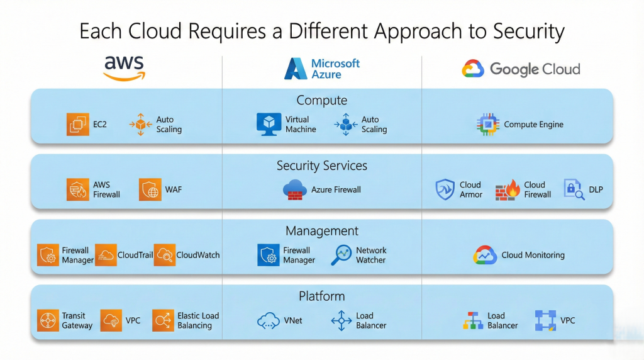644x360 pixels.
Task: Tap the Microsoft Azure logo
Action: coord(322,69)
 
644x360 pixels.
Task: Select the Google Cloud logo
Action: coord(521,69)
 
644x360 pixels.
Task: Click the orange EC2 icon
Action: coord(78,124)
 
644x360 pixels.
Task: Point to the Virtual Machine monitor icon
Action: coord(269,124)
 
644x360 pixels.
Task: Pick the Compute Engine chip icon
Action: coord(487,125)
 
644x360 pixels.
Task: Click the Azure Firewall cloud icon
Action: coord(294,189)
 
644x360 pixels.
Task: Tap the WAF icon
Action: coord(150,189)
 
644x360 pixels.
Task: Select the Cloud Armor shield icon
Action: coord(445,189)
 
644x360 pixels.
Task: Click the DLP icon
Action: coord(574,189)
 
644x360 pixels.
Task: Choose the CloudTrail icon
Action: coord(106,255)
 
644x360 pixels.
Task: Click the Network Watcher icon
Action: coord(342,255)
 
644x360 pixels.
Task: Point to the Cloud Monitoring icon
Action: coord(485,255)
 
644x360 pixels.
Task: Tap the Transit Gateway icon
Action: coord(48,320)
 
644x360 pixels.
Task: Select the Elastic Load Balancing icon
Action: coord(163,320)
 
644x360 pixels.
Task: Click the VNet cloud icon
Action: coord(269,321)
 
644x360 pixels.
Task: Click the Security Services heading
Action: coord(322,166)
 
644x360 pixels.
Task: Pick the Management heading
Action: coord(322,231)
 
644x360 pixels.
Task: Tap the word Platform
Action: coord(322,296)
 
